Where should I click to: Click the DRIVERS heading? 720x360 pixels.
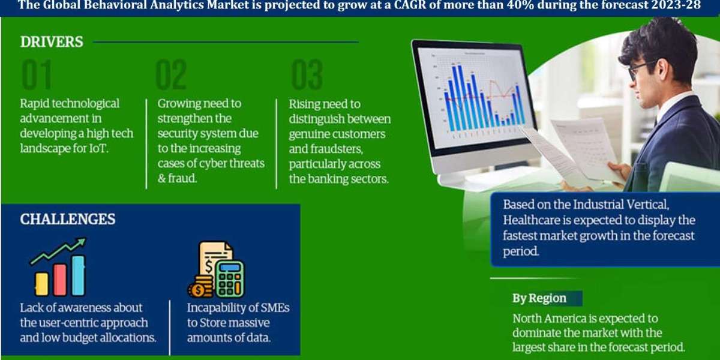click(52, 42)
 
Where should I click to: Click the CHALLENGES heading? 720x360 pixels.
click(67, 219)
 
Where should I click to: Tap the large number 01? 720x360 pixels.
click(37, 74)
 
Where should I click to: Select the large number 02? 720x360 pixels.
click(171, 74)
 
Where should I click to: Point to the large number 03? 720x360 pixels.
click(307, 74)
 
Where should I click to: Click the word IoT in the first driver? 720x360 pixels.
click(98, 149)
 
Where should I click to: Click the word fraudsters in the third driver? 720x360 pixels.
click(337, 149)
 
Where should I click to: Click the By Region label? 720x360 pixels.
click(539, 298)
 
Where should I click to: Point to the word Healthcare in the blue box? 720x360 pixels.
click(532, 220)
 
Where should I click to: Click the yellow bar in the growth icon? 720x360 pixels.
click(41, 284)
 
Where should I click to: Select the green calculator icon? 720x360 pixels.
click(230, 279)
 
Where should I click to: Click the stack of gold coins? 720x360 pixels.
click(200, 287)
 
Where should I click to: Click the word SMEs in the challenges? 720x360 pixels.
click(275, 308)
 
